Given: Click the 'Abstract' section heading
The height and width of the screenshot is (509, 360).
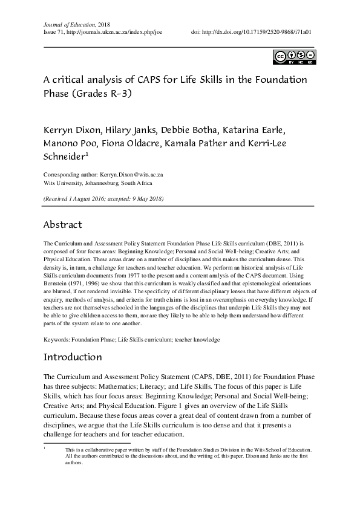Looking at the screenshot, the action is [x=62, y=225].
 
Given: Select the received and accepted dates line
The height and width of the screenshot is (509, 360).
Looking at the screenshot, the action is [x=103, y=198].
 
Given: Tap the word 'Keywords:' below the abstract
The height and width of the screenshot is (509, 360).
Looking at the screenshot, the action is [x=56, y=340].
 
